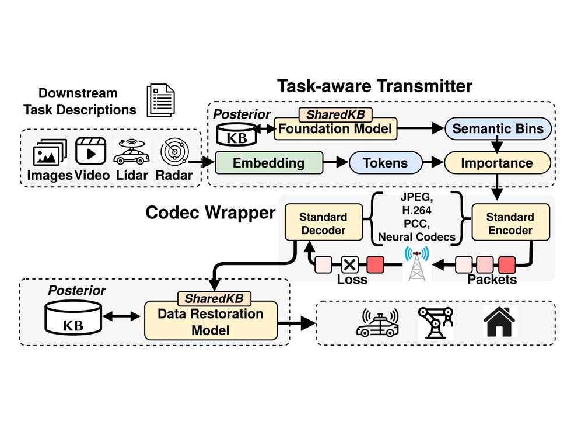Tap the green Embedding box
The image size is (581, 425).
coord(269,162)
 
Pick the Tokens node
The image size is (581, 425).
coord(386,162)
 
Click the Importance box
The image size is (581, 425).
coord(498,162)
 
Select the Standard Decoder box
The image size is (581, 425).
coord(323,222)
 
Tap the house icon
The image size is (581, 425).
coord(501,322)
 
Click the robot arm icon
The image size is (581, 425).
coord(435,322)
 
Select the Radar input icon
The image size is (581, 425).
coord(174,152)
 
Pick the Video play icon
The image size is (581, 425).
coord(91,152)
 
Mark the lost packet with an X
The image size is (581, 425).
coord(349,264)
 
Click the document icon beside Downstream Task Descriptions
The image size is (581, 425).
coord(160,99)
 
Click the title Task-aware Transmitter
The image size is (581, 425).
coord(374,86)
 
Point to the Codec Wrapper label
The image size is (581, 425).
coord(210,212)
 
